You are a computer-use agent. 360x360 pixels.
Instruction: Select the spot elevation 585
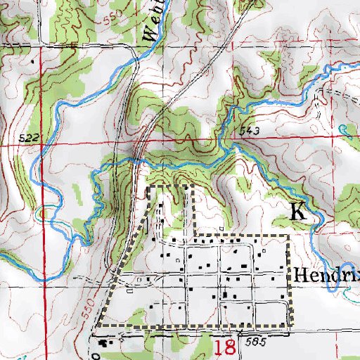pos(256,340)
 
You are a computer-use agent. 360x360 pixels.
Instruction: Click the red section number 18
pos(224,347)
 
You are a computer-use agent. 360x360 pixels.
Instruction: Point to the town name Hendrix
pos(327,274)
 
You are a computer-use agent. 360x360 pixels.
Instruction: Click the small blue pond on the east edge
pos(343,129)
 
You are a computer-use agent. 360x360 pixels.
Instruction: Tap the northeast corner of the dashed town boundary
pos(288,236)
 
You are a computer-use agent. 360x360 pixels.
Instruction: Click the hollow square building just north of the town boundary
pos(221,229)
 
